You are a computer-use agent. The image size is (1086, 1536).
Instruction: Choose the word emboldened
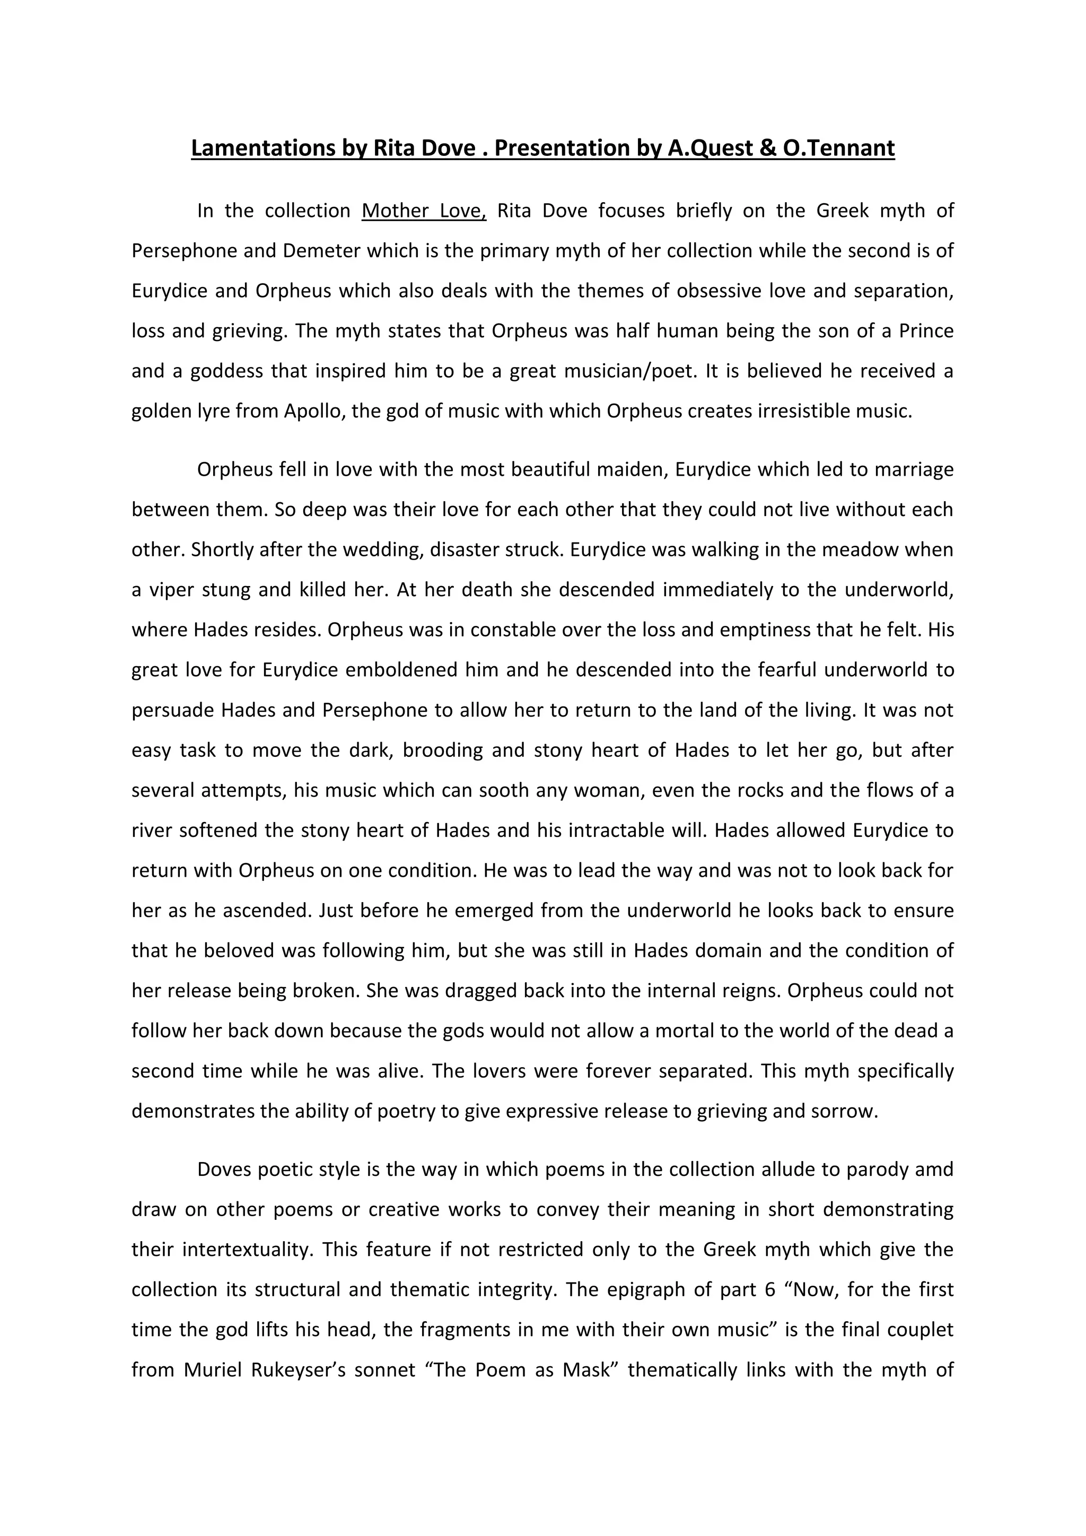(400, 670)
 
